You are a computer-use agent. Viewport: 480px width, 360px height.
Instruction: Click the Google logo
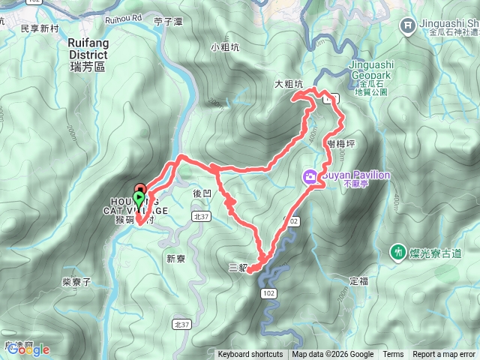[x=28, y=349]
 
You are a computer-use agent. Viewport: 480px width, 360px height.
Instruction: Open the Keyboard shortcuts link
[x=250, y=355]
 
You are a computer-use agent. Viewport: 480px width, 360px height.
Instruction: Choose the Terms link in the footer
[x=393, y=355]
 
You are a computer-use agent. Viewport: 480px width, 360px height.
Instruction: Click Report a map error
[x=445, y=355]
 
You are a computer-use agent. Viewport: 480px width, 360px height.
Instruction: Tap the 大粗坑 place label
[x=288, y=85]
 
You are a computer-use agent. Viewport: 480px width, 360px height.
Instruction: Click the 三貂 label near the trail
[x=238, y=267]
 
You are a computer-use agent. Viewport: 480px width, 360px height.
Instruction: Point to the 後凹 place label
[x=202, y=193]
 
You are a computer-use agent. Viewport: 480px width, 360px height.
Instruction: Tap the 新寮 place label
[x=175, y=259]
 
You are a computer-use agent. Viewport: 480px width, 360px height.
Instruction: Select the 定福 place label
[x=358, y=281]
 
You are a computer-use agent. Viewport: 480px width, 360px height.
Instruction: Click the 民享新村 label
[x=39, y=28]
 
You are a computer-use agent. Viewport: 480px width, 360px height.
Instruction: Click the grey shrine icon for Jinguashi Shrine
[x=408, y=25]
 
